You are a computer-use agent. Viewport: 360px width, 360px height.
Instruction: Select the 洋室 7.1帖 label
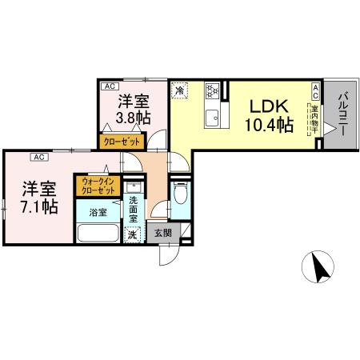tap(38, 198)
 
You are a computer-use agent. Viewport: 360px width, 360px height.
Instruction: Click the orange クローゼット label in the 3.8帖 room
tap(122, 141)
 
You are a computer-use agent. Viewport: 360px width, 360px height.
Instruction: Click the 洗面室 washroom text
tap(134, 210)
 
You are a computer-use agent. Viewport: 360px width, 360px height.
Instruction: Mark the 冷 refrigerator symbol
tap(180, 90)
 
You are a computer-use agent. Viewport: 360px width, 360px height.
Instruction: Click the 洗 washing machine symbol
tap(134, 235)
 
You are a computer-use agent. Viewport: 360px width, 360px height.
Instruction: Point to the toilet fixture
tap(180, 194)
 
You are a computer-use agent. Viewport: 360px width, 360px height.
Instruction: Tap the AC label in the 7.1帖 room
tap(38, 157)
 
